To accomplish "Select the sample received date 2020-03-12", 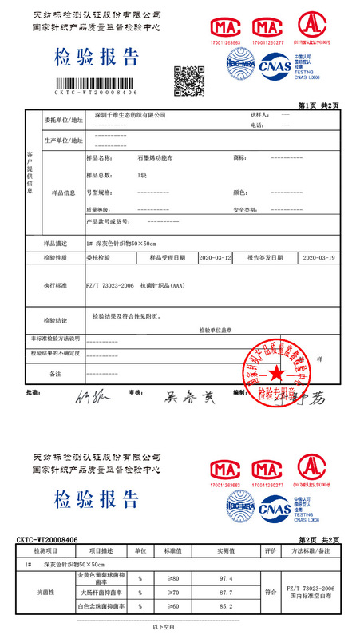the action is tap(214, 258).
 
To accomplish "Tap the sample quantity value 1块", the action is tap(142, 175).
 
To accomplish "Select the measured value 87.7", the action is tap(224, 593).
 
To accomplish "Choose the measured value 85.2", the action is tap(224, 608).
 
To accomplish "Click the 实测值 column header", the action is tap(224, 551).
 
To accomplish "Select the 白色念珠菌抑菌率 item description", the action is tap(101, 608).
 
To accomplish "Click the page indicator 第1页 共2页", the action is tap(318, 105).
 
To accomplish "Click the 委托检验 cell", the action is tap(98, 258).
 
